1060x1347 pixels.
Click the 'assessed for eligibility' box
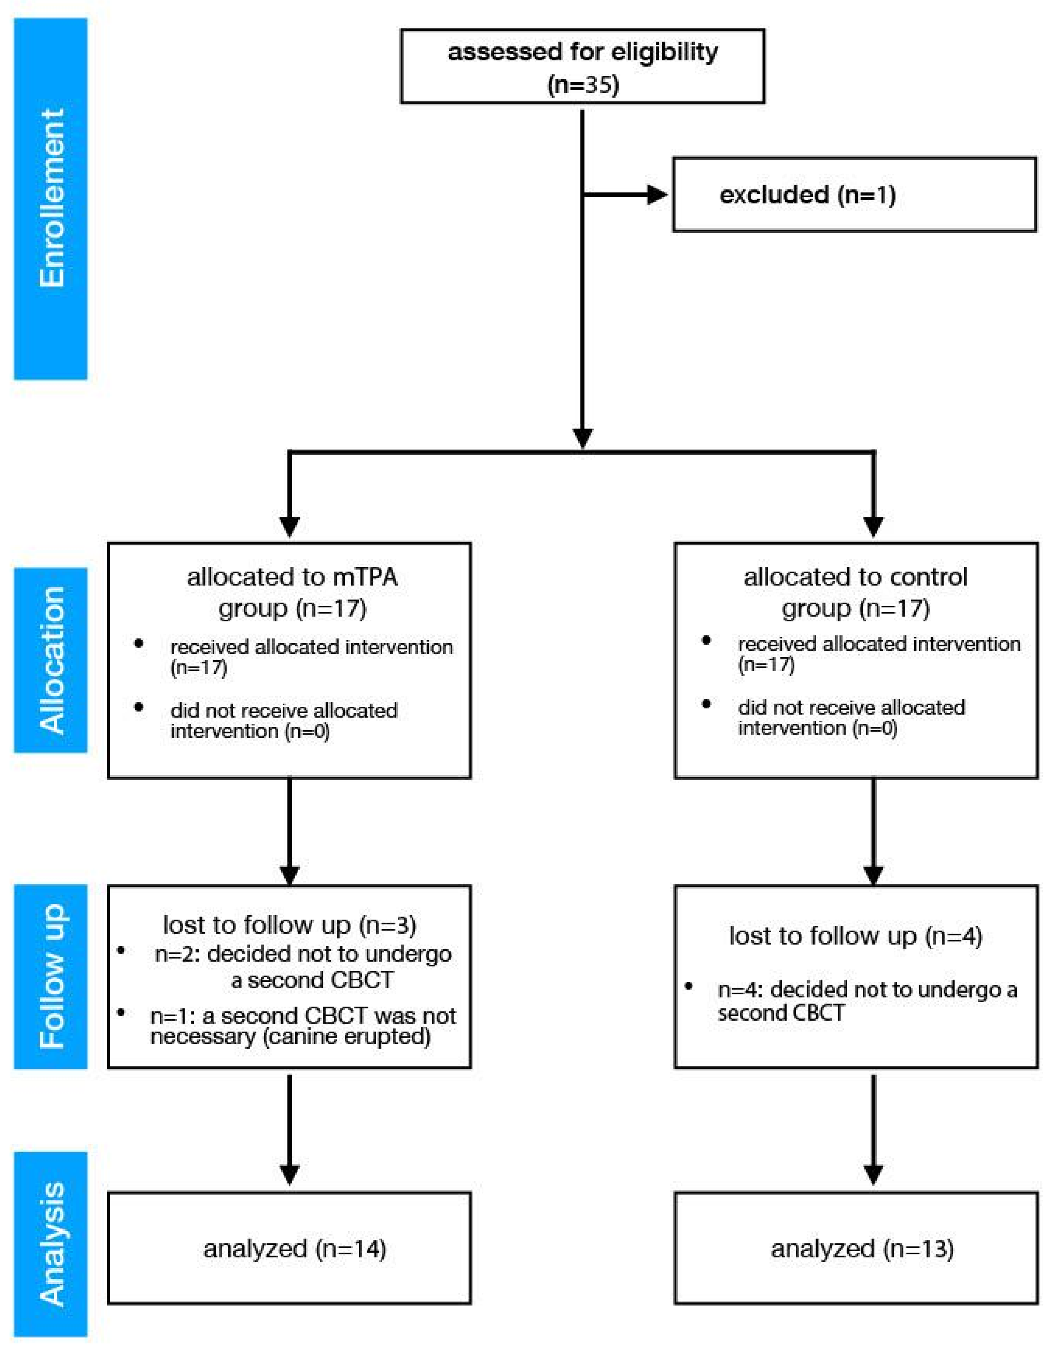[x=582, y=66]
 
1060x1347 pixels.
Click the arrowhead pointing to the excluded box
[x=657, y=195]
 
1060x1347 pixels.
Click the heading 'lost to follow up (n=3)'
[x=289, y=925]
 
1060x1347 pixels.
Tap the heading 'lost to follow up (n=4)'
[x=855, y=935]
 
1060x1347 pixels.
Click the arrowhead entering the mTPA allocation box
[x=290, y=526]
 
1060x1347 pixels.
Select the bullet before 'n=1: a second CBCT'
[x=122, y=1013]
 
